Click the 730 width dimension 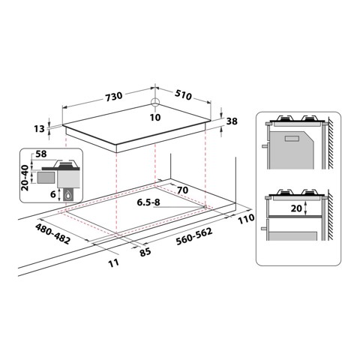click(113, 97)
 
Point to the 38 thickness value click(232, 121)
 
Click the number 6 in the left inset click(53, 193)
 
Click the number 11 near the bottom click(113, 262)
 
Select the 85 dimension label click(145, 252)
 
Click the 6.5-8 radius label click(149, 202)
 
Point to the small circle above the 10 click(154, 103)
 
